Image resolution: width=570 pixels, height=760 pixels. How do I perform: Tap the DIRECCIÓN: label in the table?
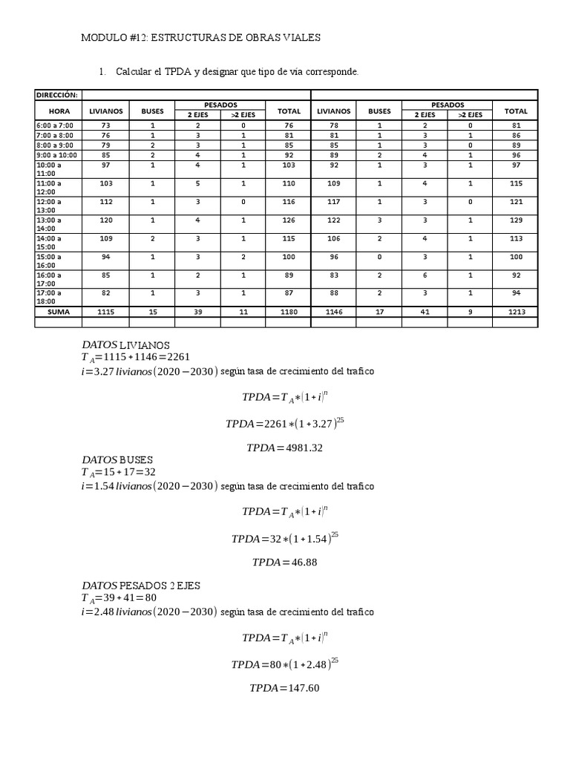click(57, 94)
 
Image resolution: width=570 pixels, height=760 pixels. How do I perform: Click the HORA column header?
click(58, 111)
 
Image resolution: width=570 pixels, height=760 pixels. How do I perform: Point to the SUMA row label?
click(58, 312)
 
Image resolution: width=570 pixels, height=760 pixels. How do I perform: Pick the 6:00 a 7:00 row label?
click(54, 125)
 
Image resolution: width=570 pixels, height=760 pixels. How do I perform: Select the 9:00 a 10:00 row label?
click(56, 154)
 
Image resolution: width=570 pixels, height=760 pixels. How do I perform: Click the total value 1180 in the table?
click(289, 312)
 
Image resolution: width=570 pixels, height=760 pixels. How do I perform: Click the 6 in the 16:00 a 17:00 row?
click(425, 273)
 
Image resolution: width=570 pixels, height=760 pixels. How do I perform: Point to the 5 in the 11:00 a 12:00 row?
click(198, 182)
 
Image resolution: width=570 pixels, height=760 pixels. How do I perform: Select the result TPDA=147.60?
click(284, 688)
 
